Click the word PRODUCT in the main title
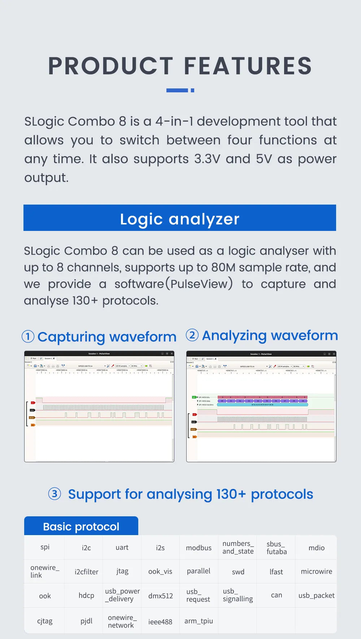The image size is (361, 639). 110,66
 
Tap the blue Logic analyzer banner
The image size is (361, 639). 180,218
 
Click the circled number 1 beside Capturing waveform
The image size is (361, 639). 28,337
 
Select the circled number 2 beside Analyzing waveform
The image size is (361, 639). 192,335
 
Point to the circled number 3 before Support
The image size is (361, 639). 55,494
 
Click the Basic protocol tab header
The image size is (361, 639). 81,526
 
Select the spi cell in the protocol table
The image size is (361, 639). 45,547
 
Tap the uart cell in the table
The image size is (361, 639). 122,547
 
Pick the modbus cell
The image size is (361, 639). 199,548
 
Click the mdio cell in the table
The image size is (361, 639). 316,548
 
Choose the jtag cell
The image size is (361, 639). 122,571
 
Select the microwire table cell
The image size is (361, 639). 316,571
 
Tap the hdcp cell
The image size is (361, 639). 86,595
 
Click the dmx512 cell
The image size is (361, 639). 160,596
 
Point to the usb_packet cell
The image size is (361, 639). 316,595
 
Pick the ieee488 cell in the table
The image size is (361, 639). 160,621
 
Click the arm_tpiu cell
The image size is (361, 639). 199,621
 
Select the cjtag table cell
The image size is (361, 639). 45,621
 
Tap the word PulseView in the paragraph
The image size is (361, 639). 199,284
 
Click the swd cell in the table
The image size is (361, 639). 238,572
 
